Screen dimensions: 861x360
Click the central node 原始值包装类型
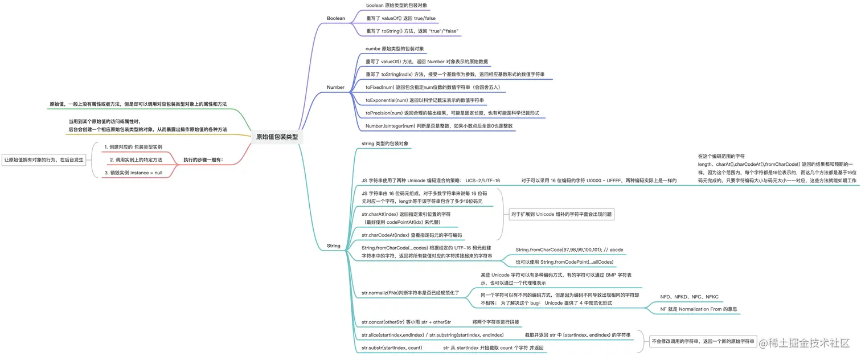[x=276, y=137]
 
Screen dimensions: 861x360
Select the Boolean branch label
[x=335, y=18]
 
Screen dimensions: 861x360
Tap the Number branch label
[x=335, y=87]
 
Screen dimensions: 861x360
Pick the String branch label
[x=333, y=246]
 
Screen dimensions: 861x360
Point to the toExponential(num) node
[x=424, y=100]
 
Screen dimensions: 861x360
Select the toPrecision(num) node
[x=452, y=113]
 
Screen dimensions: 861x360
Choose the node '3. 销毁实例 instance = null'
[x=133, y=172]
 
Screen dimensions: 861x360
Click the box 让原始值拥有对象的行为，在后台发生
[x=44, y=160]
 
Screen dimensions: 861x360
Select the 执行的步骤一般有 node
[x=203, y=159]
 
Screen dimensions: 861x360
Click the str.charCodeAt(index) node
[x=411, y=235]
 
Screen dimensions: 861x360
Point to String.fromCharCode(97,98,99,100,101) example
[x=569, y=250]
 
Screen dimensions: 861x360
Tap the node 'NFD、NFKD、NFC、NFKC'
[x=689, y=297]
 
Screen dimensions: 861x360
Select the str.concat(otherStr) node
[x=406, y=322]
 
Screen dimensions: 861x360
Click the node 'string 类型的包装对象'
[x=385, y=144]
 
